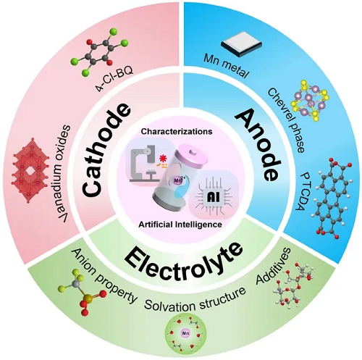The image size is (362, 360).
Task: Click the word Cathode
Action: pos(106,150)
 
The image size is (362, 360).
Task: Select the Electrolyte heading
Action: pos(183,264)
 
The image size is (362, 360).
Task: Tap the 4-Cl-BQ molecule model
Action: pos(99,52)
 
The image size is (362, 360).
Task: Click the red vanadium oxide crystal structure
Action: pos(30,170)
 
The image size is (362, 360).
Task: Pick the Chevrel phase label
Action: pos(286,120)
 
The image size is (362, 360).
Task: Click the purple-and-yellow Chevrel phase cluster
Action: pos(311,101)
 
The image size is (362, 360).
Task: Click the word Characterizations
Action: pos(177,132)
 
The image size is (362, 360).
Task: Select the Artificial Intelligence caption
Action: pos(180,225)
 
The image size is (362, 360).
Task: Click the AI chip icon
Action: pos(214,196)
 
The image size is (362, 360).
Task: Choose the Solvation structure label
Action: pos(195,299)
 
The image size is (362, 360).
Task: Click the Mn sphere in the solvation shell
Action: pos(185,333)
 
